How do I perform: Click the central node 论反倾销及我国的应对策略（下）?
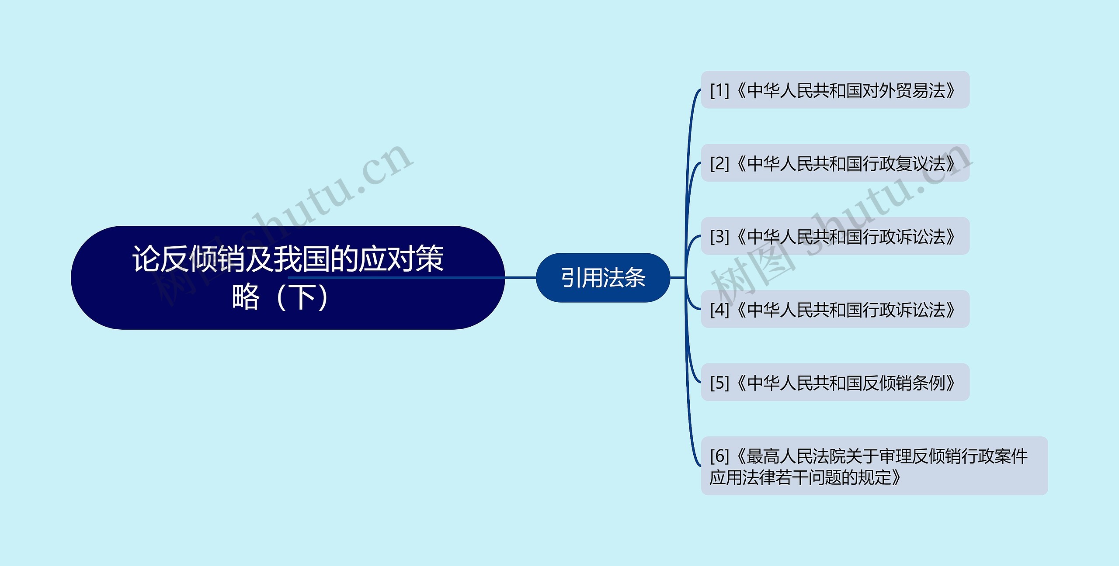pos(288,277)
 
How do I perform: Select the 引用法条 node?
pos(603,277)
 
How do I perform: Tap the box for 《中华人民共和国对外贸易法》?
pos(835,90)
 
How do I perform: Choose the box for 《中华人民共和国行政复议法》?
pos(835,163)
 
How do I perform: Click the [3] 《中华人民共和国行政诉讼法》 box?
pos(835,236)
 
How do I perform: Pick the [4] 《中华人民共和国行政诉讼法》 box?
pos(835,309)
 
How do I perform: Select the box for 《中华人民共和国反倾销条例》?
pos(835,382)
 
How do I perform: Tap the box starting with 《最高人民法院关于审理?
pos(874,466)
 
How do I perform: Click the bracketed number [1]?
pos(719,90)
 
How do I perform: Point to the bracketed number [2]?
pos(719,163)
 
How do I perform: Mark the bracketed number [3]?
pos(719,236)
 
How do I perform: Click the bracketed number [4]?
pos(719,309)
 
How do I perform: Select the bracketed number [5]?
pos(719,383)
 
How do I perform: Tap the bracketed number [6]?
pos(719,456)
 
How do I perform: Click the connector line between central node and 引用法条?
pos(520,277)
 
